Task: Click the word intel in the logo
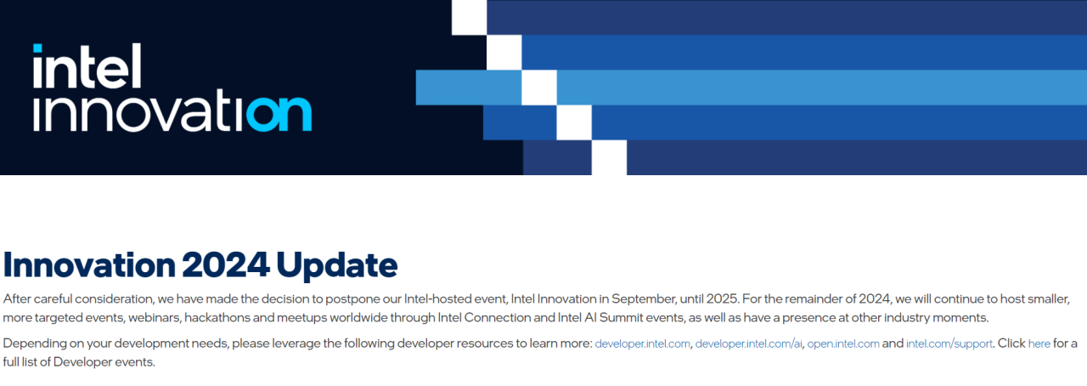tap(87, 66)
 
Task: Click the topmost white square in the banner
tap(469, 17)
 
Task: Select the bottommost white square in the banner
tap(609, 157)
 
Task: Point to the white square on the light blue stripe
tap(538, 88)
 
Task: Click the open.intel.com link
tap(842, 343)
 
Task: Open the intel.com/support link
tap(949, 343)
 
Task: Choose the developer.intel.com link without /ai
tap(643, 343)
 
